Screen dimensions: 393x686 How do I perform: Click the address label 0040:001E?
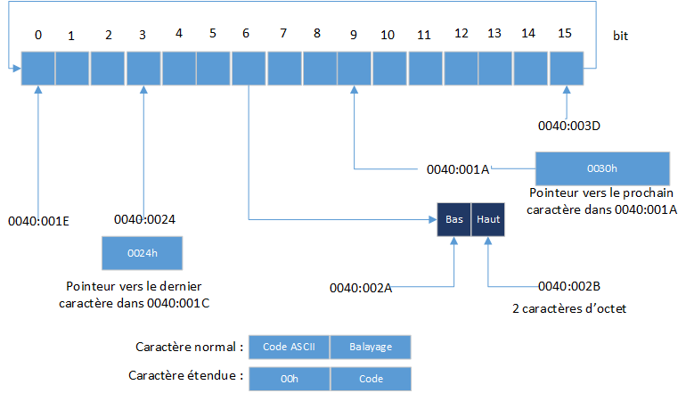pyautogui.click(x=38, y=218)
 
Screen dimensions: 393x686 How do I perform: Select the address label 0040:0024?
pyautogui.click(x=146, y=218)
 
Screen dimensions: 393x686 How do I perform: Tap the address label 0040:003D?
pyautogui.click(x=570, y=126)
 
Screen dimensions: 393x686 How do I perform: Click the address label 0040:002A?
pyautogui.click(x=361, y=287)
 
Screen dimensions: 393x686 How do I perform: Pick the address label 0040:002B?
pyautogui.click(x=569, y=286)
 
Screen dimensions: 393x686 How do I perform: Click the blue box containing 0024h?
pyautogui.click(x=143, y=253)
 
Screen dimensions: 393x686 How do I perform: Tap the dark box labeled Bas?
pyautogui.click(x=454, y=219)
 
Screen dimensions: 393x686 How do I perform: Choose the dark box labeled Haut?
pyautogui.click(x=488, y=219)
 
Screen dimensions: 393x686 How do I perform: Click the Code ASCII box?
pyautogui.click(x=289, y=346)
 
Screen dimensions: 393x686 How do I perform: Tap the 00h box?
pyautogui.click(x=289, y=378)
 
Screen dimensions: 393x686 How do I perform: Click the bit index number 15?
pyautogui.click(x=565, y=34)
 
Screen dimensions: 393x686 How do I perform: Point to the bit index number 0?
pyautogui.click(x=38, y=36)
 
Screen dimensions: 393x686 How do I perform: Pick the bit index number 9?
pyautogui.click(x=354, y=36)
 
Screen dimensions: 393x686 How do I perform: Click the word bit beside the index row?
pyautogui.click(x=621, y=36)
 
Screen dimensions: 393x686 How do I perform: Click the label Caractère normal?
pyautogui.click(x=189, y=346)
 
